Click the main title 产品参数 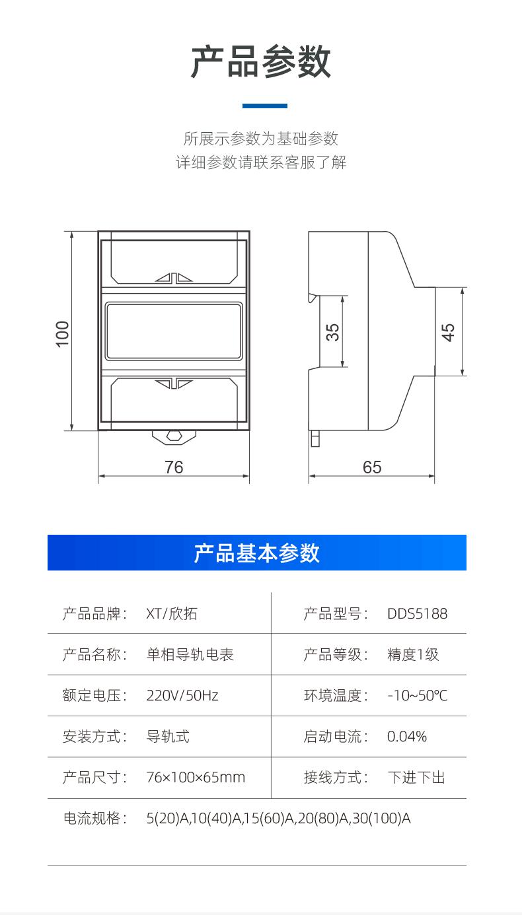click(x=261, y=63)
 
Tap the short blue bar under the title click(x=265, y=106)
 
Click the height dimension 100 click(x=62, y=333)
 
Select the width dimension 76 click(x=174, y=467)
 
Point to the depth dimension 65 click(x=372, y=467)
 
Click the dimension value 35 click(x=334, y=331)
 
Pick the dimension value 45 click(x=448, y=331)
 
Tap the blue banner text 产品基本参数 click(x=256, y=553)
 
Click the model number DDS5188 click(x=417, y=614)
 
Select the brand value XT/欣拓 click(x=172, y=614)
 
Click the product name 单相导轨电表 click(x=190, y=655)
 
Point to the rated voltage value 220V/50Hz click(x=182, y=696)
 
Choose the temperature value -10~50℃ click(x=417, y=696)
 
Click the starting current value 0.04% click(x=407, y=737)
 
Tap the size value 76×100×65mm click(x=196, y=778)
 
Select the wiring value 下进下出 click(x=416, y=778)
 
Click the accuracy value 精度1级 click(x=413, y=655)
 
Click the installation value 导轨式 click(x=168, y=737)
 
